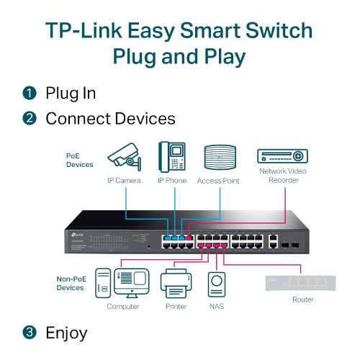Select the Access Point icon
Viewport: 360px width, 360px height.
click(x=218, y=158)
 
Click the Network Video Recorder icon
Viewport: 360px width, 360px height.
click(x=282, y=156)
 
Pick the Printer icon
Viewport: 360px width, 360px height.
click(x=176, y=284)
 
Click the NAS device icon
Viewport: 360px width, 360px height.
click(x=217, y=285)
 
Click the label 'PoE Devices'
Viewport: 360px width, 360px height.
click(x=79, y=160)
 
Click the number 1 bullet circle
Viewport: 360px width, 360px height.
click(x=29, y=93)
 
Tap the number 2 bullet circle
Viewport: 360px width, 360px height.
click(x=29, y=118)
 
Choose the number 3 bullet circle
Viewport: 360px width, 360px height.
click(x=29, y=333)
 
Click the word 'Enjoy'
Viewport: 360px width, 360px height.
click(x=66, y=333)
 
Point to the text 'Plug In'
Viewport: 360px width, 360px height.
click(x=70, y=93)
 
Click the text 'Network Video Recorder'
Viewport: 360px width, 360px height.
click(x=282, y=176)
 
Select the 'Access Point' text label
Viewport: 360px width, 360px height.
click(x=218, y=181)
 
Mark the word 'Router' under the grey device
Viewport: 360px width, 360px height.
click(x=303, y=300)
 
